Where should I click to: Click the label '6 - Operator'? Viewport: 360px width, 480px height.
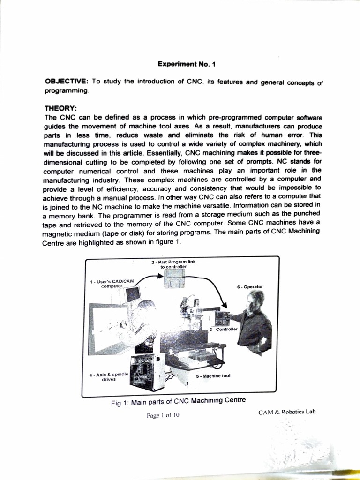point(250,286)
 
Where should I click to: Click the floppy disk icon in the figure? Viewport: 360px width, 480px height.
point(173,280)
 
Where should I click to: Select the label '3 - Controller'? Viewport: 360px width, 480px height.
point(224,330)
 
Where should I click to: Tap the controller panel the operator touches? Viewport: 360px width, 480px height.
point(222,318)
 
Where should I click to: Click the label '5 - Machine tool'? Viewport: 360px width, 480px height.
point(213,375)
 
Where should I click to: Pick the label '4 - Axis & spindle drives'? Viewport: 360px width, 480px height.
point(108,377)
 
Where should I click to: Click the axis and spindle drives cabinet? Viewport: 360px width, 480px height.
point(146,372)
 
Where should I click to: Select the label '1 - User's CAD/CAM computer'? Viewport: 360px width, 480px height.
point(112,283)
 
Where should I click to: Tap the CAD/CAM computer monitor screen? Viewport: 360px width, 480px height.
point(133,294)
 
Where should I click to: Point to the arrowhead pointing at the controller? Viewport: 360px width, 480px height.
point(224,305)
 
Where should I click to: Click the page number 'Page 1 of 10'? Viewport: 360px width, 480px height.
point(163,415)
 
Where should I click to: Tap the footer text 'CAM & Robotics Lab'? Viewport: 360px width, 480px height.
point(286,412)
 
